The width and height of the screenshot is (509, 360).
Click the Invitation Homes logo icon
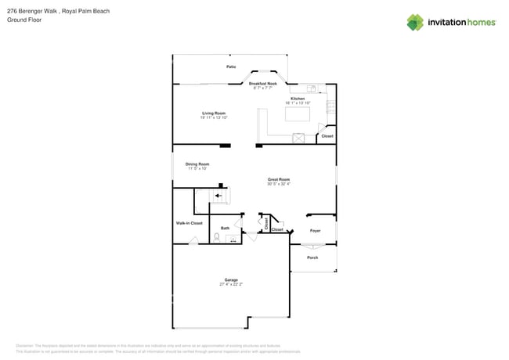point(414,23)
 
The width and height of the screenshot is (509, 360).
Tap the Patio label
point(231,67)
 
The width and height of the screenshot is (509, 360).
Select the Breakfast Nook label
point(262,83)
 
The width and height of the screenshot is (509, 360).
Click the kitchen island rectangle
point(297,114)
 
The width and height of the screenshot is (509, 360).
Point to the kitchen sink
point(311,88)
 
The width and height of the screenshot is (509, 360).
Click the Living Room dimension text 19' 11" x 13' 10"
point(214,117)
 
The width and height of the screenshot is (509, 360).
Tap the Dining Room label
point(197,164)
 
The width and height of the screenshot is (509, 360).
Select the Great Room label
point(279,179)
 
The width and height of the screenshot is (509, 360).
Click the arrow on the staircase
point(218,196)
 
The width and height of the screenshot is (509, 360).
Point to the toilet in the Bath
point(217,236)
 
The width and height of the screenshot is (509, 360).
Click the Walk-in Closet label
point(189,223)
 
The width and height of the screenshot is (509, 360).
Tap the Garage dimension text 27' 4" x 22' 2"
point(231,284)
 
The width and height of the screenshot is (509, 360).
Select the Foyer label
point(315,231)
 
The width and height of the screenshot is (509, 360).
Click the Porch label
point(312,257)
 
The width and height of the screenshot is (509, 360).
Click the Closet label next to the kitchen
point(327,136)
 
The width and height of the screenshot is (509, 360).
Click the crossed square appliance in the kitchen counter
point(298,138)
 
